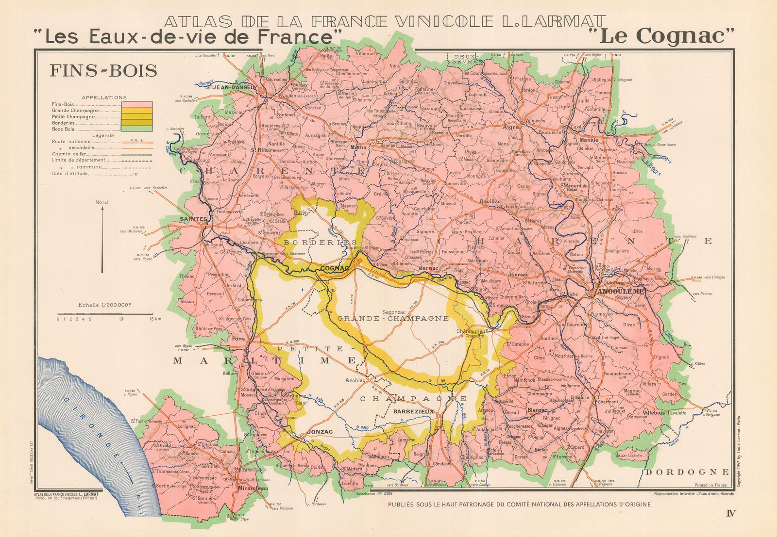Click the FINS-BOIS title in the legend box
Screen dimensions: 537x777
[x=103, y=71]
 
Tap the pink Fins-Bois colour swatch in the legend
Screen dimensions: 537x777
[x=136, y=104]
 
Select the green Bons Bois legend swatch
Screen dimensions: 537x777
[x=136, y=129]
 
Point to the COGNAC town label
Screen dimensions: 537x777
[x=335, y=268]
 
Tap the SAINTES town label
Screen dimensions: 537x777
[x=193, y=219]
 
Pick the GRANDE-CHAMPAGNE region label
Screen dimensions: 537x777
[x=393, y=319]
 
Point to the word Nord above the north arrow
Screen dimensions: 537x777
[x=101, y=202]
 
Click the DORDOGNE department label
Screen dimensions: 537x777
[x=687, y=472]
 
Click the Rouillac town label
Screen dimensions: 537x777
[x=490, y=201]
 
